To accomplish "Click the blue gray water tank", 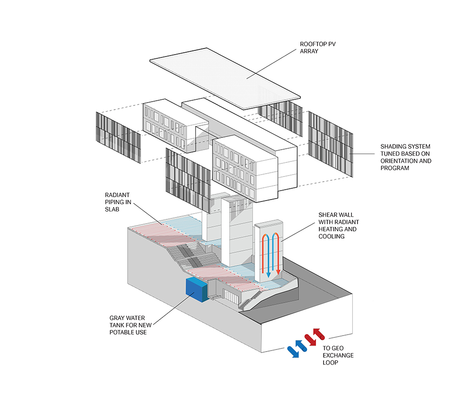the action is pos(197,290).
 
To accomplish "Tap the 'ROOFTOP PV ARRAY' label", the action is pos(318,48).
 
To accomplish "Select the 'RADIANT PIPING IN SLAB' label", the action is pos(118,202).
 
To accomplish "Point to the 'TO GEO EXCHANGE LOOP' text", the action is pos(338,355).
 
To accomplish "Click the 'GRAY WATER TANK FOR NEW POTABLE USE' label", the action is pos(130,325).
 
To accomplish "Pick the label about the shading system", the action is pos(406,157).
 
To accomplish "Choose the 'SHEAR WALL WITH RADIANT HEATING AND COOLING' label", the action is pos(339,225).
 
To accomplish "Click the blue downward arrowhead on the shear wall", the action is pos(268,275).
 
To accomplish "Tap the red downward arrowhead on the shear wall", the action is pos(278,271).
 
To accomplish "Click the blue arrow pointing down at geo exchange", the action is pos(293,352).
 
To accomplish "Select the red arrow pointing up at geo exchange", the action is pos(319,334).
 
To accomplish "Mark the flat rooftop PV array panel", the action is pos(225,78).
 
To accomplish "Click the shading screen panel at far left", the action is pos(118,138).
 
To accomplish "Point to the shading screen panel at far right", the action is pos(331,144).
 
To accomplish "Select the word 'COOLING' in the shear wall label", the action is pos(331,236).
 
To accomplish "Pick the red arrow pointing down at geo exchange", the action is pos(310,340).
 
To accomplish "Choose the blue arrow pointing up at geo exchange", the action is pos(301,346).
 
